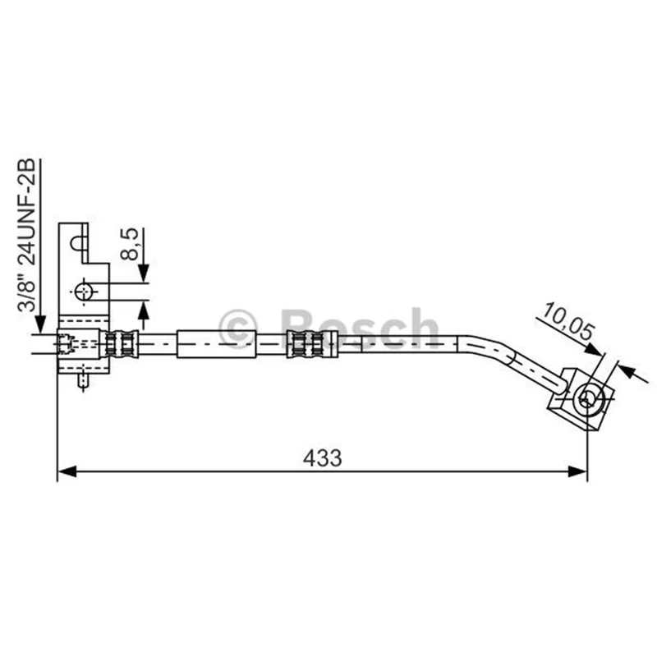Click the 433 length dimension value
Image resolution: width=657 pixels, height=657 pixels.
coord(322,458)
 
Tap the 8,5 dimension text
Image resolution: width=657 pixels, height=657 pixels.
coord(130,244)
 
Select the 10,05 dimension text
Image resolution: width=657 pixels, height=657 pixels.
coord(567,321)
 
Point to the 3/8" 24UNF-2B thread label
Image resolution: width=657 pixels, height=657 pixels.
coord(26,235)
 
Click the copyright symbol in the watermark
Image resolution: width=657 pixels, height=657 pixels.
coord(238,329)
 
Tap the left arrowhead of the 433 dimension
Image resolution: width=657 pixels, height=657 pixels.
coord(67,471)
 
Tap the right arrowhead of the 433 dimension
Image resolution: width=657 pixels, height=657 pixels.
coord(577,471)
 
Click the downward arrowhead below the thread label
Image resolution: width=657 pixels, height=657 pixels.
coord(40,324)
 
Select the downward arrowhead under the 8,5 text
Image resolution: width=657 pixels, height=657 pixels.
coord(144,273)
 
